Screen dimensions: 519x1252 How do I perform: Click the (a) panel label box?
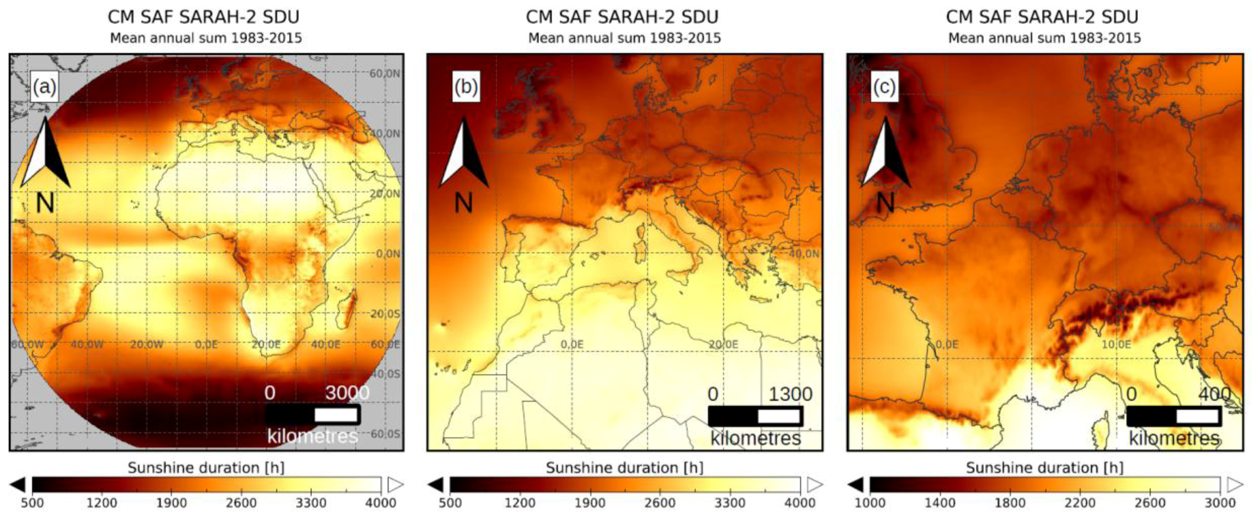click(x=44, y=87)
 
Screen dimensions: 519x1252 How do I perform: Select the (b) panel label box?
click(x=466, y=87)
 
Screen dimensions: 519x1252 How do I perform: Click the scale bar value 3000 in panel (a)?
click(x=347, y=393)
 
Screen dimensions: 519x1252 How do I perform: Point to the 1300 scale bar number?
click(x=790, y=394)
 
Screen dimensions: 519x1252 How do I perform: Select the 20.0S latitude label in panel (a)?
click(x=385, y=314)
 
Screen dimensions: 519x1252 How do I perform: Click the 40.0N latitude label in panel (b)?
click(x=804, y=254)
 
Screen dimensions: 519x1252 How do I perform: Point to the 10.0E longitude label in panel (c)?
click(x=1116, y=344)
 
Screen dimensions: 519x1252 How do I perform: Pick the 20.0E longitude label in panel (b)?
click(x=723, y=344)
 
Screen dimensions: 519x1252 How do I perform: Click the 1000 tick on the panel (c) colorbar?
click(x=870, y=503)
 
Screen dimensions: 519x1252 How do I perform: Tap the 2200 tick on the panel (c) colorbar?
click(x=1080, y=503)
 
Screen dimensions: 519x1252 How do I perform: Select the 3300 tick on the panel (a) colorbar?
click(x=311, y=503)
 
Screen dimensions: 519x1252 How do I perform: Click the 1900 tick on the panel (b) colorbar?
click(x=590, y=503)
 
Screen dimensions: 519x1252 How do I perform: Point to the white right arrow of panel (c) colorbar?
click(x=1235, y=484)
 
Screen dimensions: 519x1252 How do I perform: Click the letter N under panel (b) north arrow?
click(x=463, y=203)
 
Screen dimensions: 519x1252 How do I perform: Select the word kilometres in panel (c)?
click(x=1174, y=438)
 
